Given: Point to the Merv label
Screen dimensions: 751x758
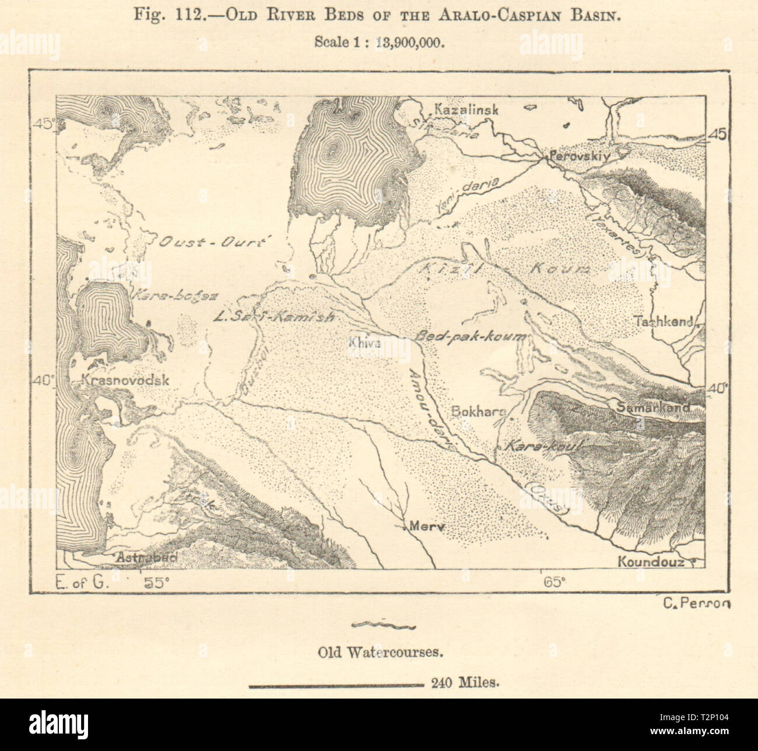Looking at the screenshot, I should coord(427,526).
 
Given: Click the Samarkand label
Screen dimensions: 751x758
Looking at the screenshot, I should coord(653,408).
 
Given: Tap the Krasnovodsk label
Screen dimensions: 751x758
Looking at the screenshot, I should coord(125,380).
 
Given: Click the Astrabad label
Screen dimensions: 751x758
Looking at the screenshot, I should coord(146,558).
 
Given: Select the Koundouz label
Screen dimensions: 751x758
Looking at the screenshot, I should coord(651,563).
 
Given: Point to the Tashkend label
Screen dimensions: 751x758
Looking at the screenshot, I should coord(665,321).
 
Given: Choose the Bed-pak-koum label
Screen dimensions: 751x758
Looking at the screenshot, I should coord(470,337).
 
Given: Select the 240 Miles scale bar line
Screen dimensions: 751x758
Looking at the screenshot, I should coord(335,686).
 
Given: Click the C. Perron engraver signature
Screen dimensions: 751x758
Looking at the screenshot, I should coord(696,604).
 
